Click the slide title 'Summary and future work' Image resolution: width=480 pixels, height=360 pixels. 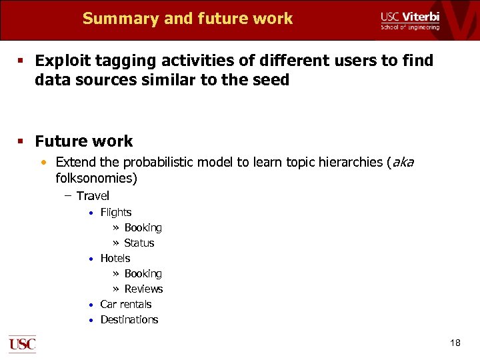point(187,19)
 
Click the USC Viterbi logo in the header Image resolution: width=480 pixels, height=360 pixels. point(409,20)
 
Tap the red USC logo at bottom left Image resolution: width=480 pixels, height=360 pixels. point(22,343)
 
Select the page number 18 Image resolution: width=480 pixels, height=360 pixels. point(455,343)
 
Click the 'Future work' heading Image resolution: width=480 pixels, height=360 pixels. point(84,141)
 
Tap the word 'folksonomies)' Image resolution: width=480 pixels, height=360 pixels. point(97,179)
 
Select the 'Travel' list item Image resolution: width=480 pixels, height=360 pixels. point(93,196)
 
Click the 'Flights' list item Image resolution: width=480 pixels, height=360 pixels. point(116,213)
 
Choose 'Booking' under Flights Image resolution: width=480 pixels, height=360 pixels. point(143,228)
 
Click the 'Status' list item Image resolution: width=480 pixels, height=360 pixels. point(139,243)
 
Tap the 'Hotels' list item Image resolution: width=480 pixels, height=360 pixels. point(115,259)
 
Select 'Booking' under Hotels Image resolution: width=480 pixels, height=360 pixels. point(143,274)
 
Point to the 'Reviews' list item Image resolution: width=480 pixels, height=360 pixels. point(143,289)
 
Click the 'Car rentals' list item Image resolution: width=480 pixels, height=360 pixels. point(126,305)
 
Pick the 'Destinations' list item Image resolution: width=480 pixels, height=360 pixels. point(129,320)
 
